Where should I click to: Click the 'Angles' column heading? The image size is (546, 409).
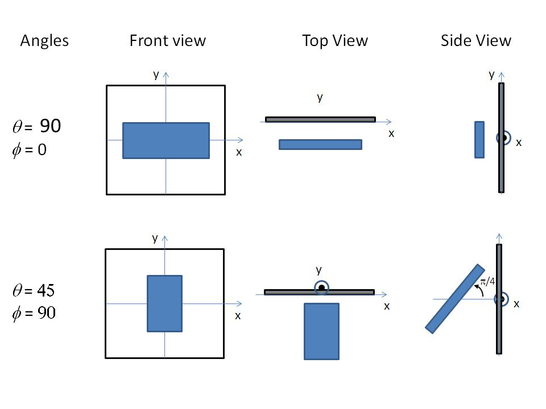44,41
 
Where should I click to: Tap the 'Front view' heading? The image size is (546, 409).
167,41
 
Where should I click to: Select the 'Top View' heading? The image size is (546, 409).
335,41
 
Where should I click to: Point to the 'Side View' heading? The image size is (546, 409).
476,41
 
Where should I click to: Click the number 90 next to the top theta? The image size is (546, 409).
50,127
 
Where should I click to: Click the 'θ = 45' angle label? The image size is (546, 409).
34,290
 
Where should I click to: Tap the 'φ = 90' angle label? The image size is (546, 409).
34,313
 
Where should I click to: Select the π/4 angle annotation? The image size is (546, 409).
487,282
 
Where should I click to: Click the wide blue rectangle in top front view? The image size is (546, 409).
166,140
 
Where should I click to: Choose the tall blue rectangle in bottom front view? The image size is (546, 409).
164,303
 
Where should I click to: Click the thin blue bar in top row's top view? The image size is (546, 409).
320,144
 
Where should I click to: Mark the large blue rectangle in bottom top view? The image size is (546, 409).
321,331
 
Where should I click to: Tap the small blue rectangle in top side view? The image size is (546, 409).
479,139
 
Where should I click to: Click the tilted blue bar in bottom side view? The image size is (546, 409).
455,298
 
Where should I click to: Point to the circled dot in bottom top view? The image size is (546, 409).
321,288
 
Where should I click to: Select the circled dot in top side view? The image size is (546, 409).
503,138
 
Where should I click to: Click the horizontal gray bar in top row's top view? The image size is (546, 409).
320,119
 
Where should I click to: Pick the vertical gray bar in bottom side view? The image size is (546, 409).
499,329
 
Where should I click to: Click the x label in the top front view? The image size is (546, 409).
239,152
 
